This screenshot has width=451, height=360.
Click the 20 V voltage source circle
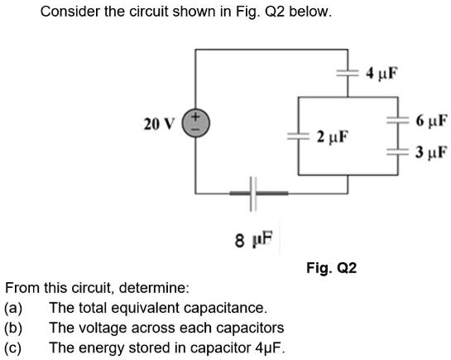[x=196, y=126]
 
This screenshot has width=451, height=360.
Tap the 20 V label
[x=158, y=125]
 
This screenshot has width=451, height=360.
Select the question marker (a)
[x=13, y=307]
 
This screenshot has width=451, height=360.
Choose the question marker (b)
[x=13, y=327]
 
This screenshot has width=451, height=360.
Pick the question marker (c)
[x=13, y=347]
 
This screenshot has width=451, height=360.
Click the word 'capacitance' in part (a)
[x=228, y=307]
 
